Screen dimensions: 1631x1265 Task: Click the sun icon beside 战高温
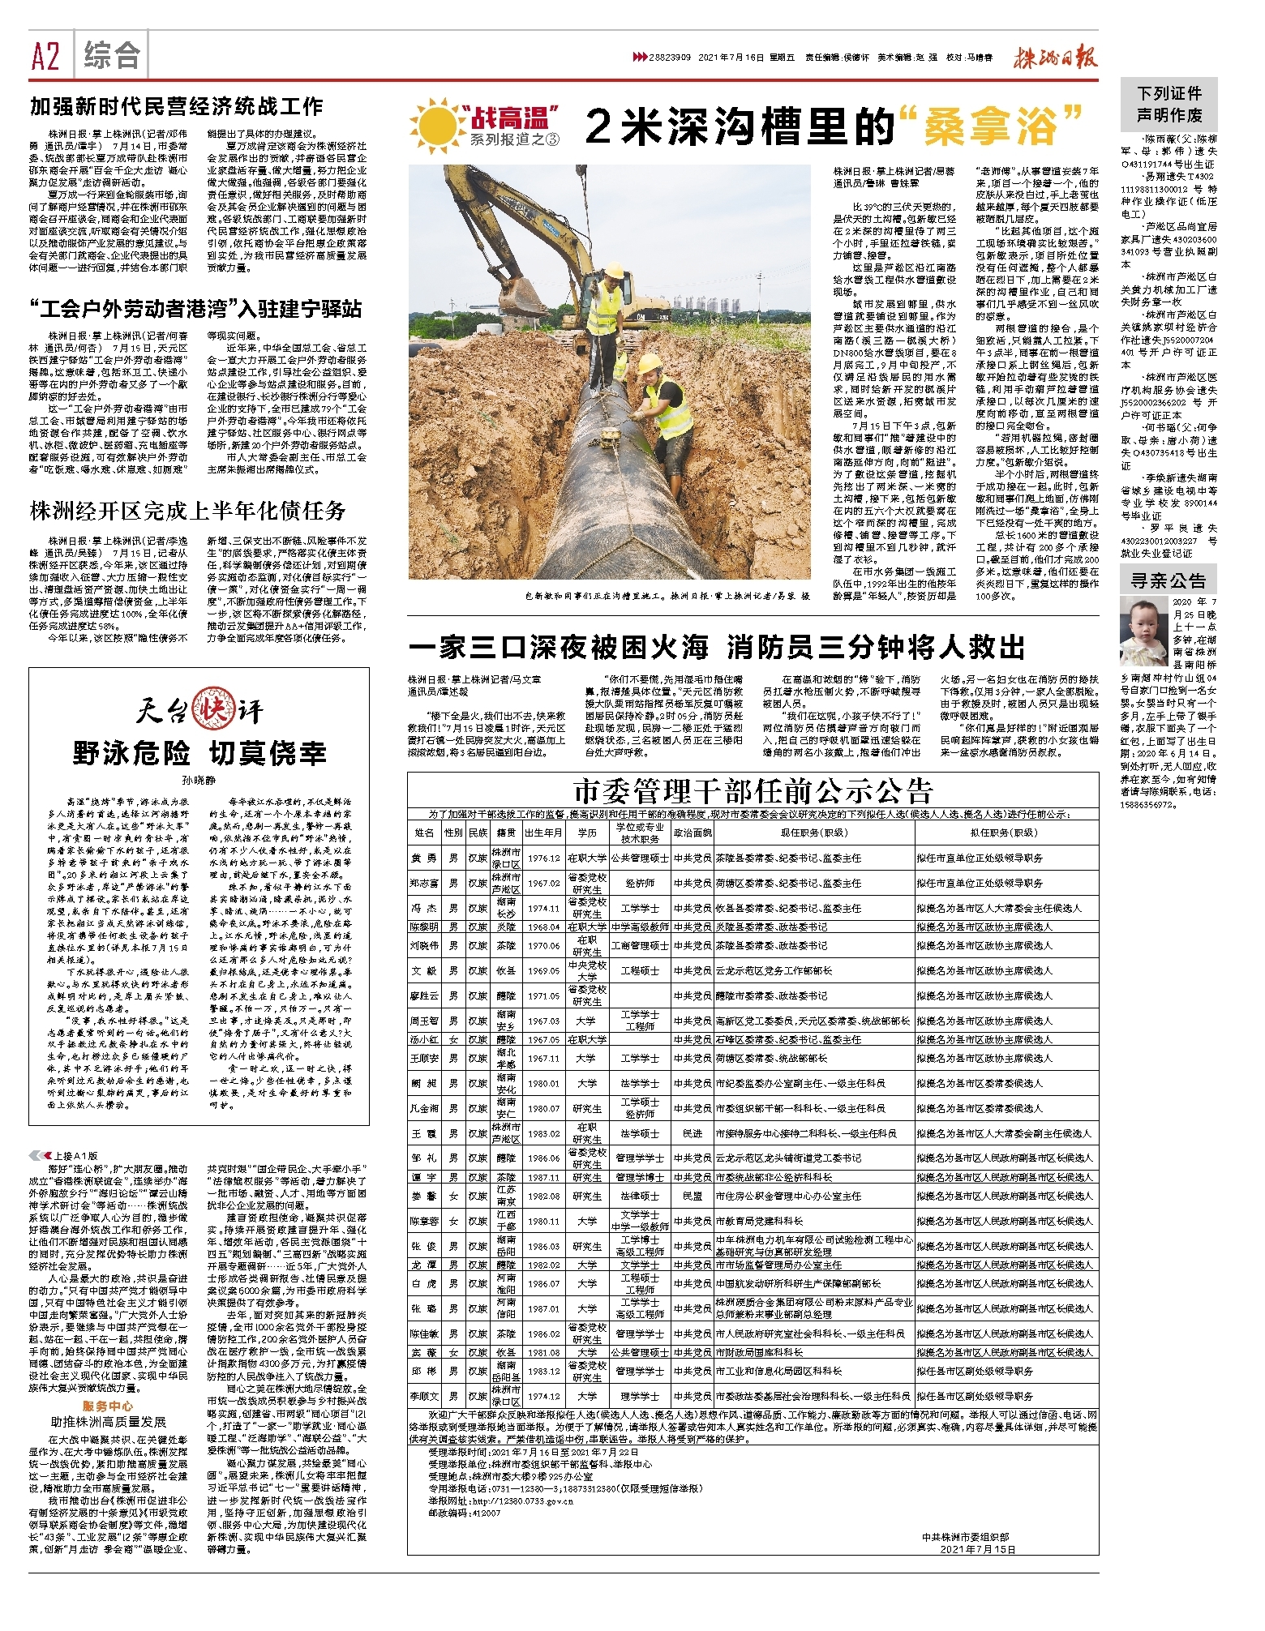click(435, 124)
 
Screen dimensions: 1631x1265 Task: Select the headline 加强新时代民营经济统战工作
click(177, 106)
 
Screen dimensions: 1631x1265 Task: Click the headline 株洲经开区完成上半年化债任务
click(188, 510)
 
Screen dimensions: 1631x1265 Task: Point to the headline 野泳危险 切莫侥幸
click(199, 752)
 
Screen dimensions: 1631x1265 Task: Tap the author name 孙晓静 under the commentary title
click(199, 780)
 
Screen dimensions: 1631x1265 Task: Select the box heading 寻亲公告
click(1169, 580)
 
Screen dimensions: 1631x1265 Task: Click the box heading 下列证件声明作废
click(1169, 104)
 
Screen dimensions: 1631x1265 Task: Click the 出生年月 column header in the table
click(543, 833)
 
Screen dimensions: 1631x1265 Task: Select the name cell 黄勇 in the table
click(423, 858)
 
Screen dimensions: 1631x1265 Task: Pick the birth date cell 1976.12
click(543, 858)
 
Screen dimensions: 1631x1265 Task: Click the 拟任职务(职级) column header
click(1004, 833)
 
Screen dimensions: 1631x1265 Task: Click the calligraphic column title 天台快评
click(199, 711)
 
